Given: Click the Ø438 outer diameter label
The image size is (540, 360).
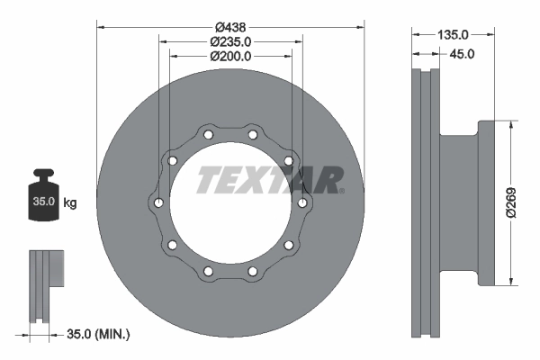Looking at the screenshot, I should pos(229,25).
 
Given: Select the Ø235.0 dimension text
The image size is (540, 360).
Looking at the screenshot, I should pos(229,40).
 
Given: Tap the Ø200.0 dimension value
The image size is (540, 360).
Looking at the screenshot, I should pos(229,56).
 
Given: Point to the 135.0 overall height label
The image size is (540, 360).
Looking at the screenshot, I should pos(453,34).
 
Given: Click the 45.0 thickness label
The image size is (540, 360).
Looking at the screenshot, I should pos(461,54).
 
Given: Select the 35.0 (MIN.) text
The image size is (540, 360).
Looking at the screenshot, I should pos(99,335).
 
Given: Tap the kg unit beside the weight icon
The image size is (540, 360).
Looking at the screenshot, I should pos(70,203).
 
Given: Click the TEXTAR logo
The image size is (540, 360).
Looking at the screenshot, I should pos(270,179).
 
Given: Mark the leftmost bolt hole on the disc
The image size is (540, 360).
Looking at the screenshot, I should pos(158,202).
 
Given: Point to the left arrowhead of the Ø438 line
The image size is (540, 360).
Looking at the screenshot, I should pos(99,25).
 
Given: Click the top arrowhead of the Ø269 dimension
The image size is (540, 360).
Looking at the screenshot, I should pos(513,125).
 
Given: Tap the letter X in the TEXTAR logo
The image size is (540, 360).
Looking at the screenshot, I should pos(260,179).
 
